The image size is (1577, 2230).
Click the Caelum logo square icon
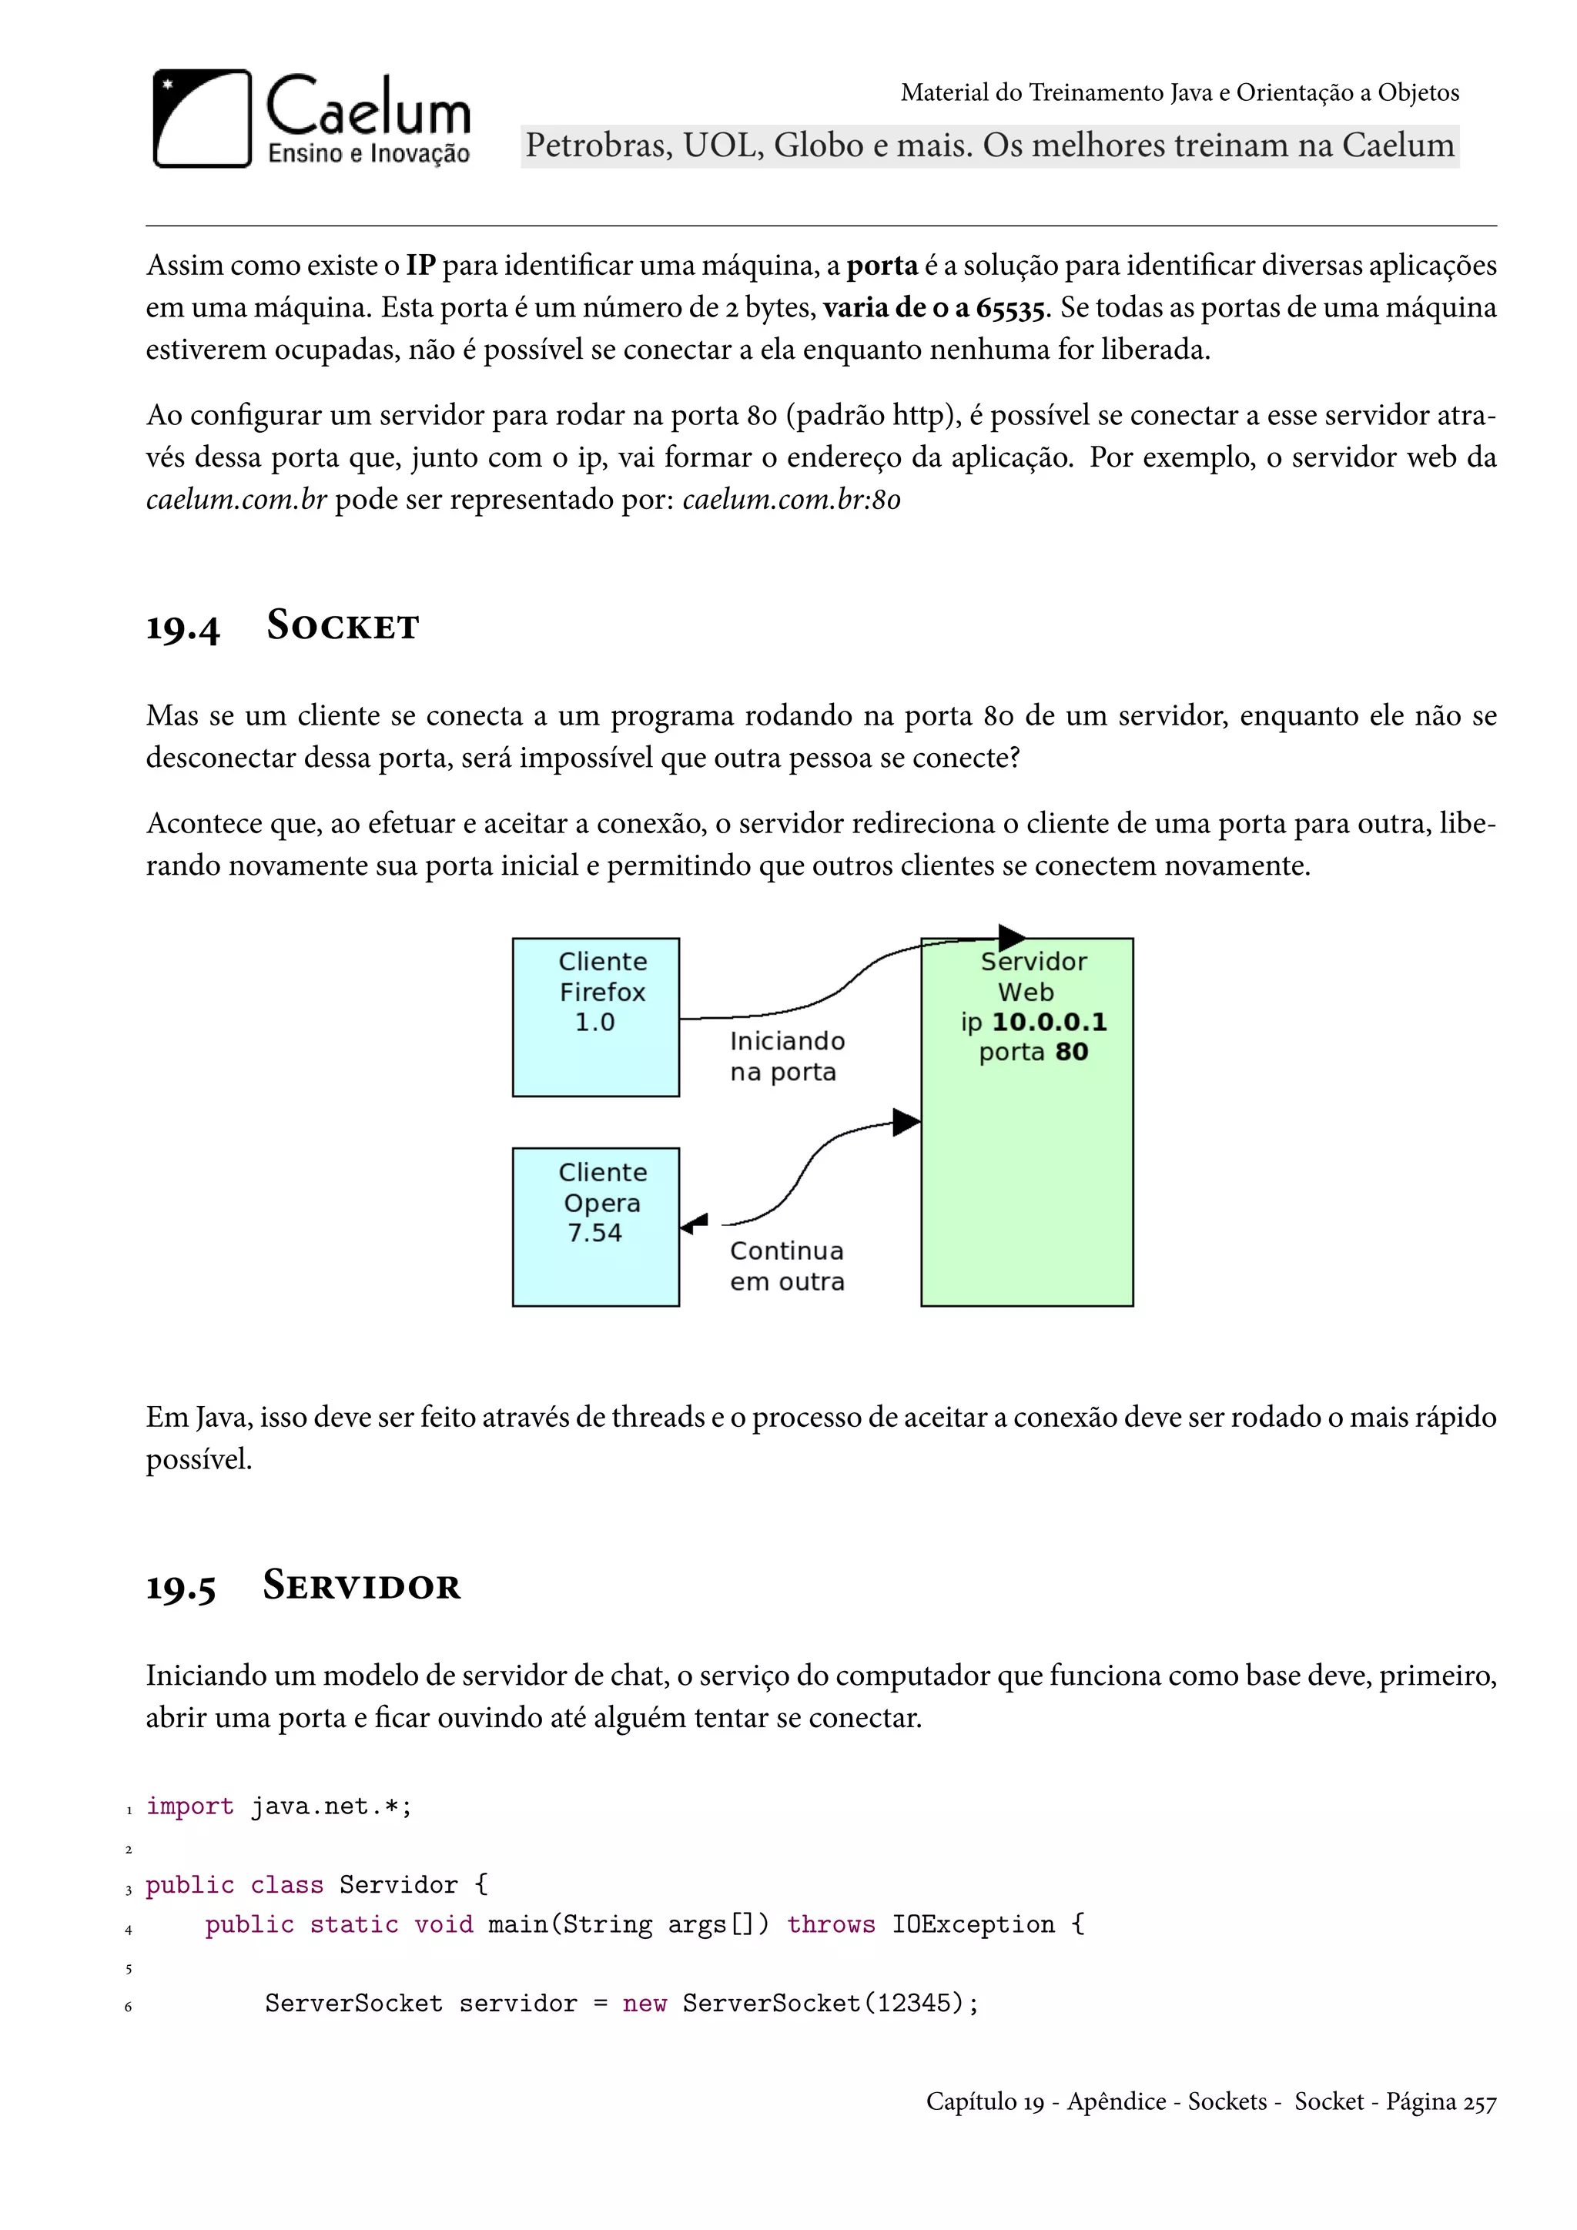pyautogui.click(x=202, y=119)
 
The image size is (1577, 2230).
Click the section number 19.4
pyautogui.click(x=182, y=628)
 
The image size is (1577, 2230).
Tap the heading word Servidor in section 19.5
pyautogui.click(x=361, y=1586)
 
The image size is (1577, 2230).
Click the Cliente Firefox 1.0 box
pyautogui.click(x=595, y=1017)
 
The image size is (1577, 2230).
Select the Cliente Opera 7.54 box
pyautogui.click(x=595, y=1227)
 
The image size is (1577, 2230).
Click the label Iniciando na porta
pyautogui.click(x=786, y=1056)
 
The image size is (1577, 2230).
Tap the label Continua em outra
pyautogui.click(x=786, y=1266)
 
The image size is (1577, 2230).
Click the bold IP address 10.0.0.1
pyautogui.click(x=1049, y=1022)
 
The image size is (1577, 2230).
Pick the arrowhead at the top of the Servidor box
pyautogui.click(x=1011, y=937)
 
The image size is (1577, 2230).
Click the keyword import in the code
pyautogui.click(x=189, y=1806)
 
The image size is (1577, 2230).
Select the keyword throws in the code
pyautogui.click(x=830, y=1925)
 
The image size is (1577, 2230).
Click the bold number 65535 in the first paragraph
pyautogui.click(x=1010, y=308)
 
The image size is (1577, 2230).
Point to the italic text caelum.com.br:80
pyautogui.click(x=792, y=499)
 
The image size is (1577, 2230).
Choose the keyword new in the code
pyautogui.click(x=644, y=2004)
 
